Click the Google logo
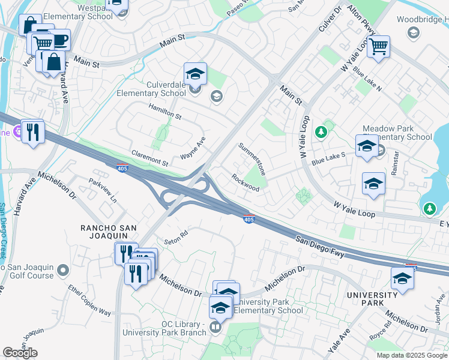pos(20,352)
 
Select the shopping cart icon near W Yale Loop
pos(378,46)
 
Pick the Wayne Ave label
pos(193,148)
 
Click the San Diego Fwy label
pos(321,246)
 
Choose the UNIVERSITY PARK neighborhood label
pos(372,299)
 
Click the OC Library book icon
pos(215,329)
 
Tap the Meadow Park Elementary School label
pos(397,133)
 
